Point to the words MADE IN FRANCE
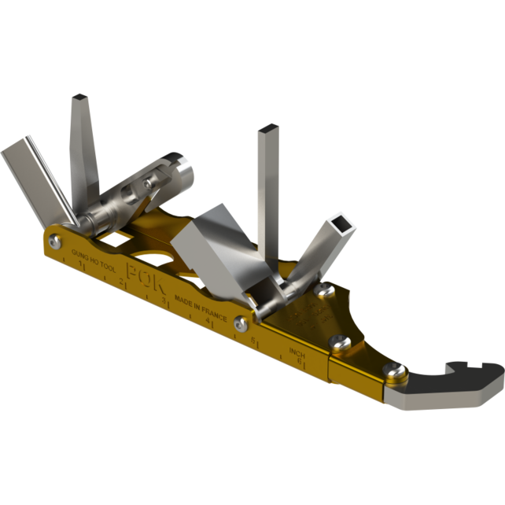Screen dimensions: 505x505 point(201,308)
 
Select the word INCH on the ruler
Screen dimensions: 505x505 point(297,352)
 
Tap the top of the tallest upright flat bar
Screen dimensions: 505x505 point(267,129)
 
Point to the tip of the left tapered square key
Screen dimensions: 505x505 point(80,98)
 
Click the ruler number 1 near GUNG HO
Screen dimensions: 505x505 point(82,267)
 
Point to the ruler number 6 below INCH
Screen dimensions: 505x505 point(301,361)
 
